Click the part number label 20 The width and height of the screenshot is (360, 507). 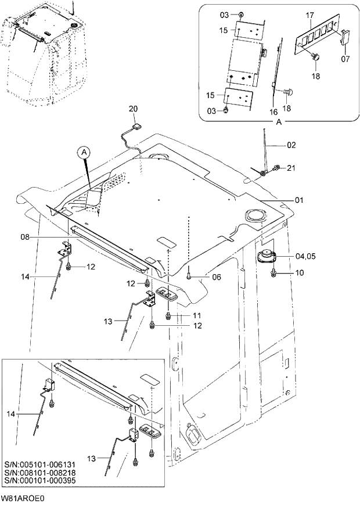[x=133, y=109]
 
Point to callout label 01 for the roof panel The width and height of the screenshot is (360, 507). [x=299, y=200]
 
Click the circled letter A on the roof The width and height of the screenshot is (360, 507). [x=84, y=152]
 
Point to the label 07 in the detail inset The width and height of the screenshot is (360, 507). [x=345, y=59]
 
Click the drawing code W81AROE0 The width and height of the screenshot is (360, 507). [x=23, y=498]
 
